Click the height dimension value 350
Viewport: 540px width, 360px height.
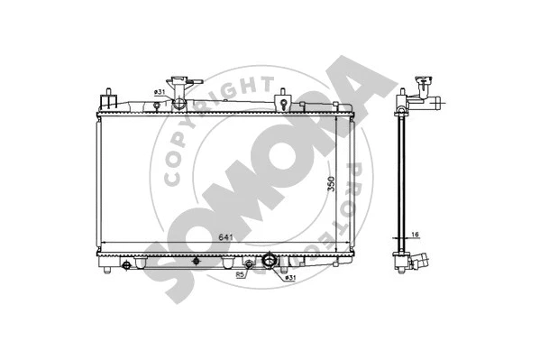click(x=331, y=183)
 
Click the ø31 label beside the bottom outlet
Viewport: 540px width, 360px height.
click(x=289, y=277)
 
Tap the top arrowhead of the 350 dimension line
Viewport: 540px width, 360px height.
click(x=337, y=117)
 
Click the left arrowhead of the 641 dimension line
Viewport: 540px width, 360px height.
click(x=101, y=244)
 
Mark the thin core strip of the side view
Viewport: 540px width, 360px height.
click(x=399, y=180)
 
